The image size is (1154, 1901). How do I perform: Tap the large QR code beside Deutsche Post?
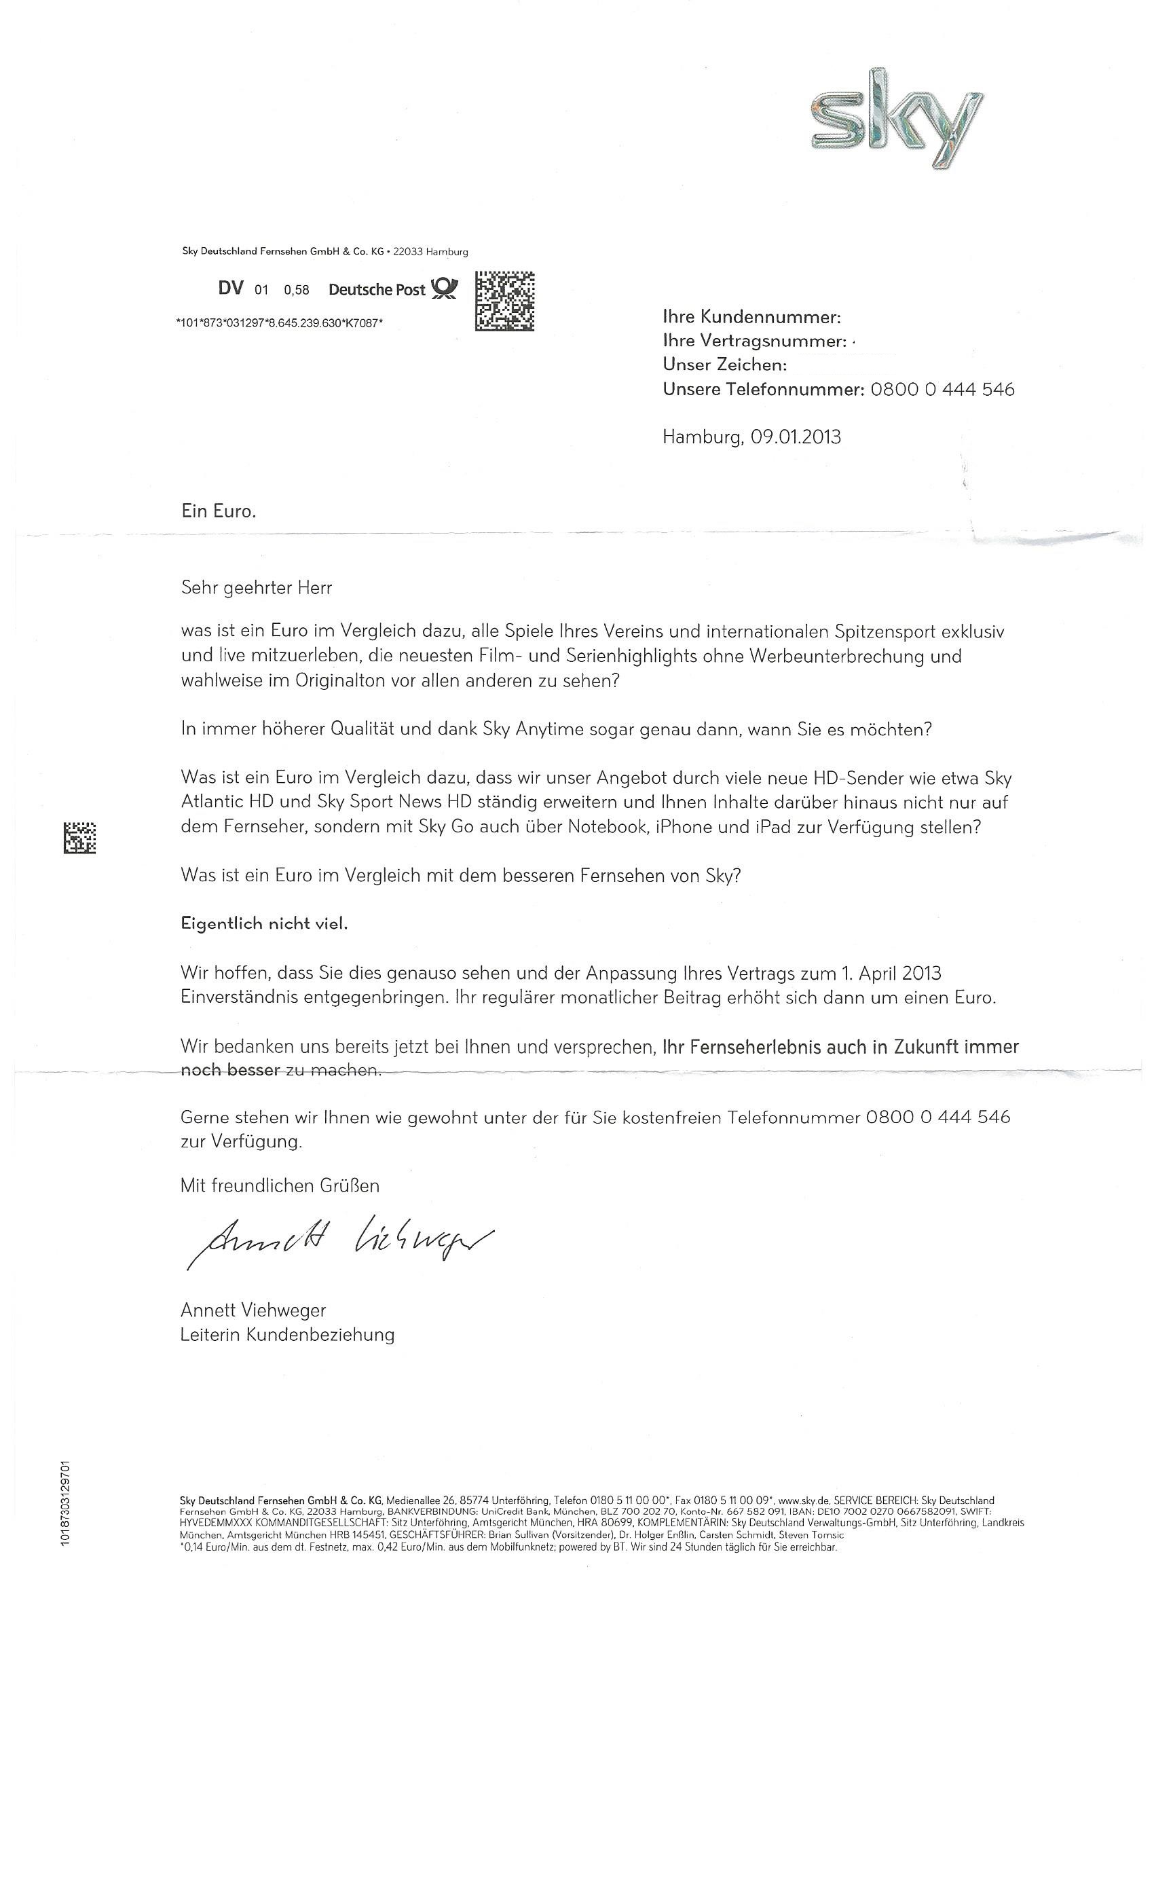coord(504,301)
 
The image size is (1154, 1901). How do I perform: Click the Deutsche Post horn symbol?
coord(445,289)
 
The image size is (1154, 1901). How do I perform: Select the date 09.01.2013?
coord(797,437)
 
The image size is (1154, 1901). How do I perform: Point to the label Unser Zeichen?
coord(724,365)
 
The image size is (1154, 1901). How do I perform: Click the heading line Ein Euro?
coord(219,511)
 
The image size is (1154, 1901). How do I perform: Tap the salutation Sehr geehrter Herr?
coord(256,588)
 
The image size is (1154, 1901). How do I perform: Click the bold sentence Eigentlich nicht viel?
coord(264,923)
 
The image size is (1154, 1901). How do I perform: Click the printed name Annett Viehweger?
coord(253,1310)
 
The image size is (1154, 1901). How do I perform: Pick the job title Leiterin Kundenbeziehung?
coord(287,1335)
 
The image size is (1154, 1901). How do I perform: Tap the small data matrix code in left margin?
coord(79,838)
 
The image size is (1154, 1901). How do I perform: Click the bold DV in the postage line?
coord(231,289)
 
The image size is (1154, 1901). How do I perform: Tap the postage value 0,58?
coord(296,290)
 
